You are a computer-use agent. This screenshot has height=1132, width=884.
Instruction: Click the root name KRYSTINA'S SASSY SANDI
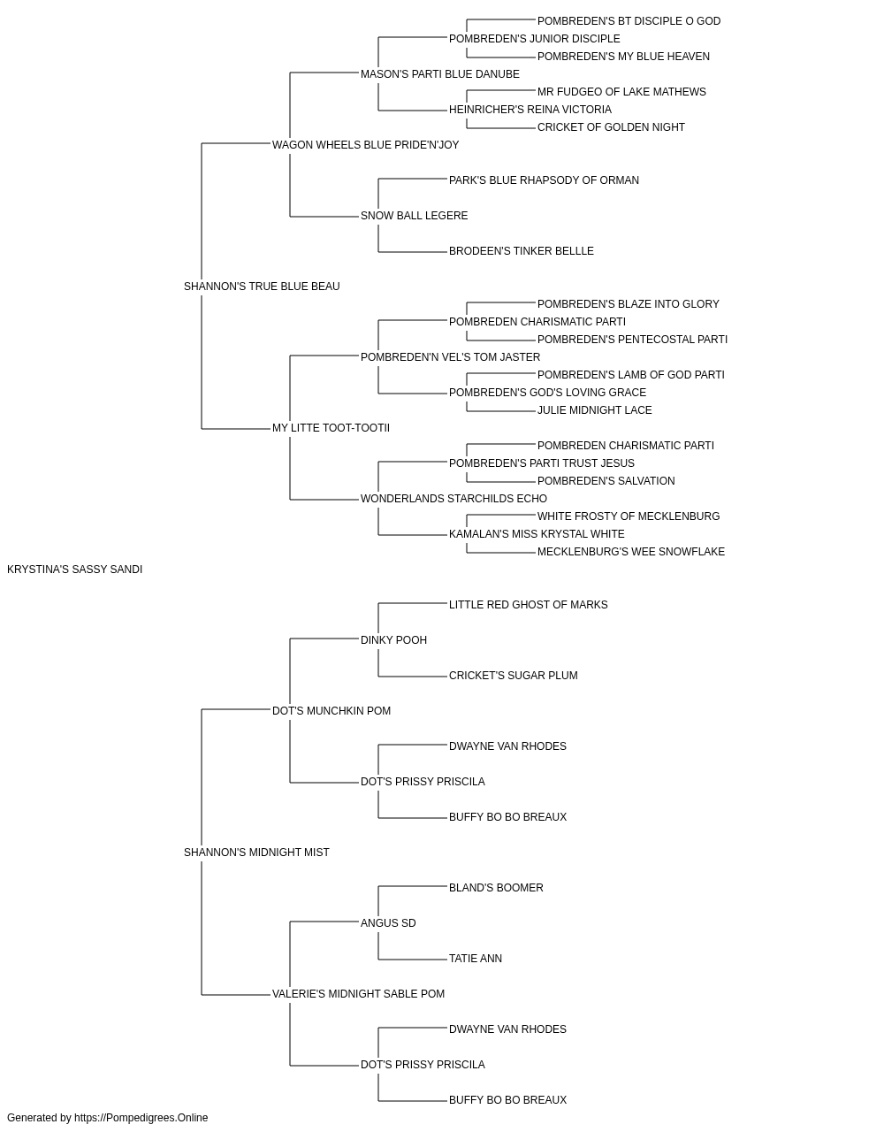[74, 570]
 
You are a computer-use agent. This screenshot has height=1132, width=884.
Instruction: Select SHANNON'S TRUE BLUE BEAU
[262, 287]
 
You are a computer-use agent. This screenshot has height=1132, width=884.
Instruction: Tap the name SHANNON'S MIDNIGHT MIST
[256, 853]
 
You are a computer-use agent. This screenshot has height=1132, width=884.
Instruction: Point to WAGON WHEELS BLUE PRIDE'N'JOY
[365, 145]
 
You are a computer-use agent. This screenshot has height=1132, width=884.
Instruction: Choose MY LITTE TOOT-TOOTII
[331, 428]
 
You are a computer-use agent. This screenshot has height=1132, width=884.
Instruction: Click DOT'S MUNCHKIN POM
[331, 710]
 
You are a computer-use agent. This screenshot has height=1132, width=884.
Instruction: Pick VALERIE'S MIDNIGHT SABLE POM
[359, 993]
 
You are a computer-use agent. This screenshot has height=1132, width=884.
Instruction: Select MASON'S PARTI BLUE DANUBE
[440, 74]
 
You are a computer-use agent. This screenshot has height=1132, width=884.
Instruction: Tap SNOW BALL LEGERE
[415, 216]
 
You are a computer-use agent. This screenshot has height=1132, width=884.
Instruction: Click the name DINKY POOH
[394, 640]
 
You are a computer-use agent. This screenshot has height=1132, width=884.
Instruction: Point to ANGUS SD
[388, 923]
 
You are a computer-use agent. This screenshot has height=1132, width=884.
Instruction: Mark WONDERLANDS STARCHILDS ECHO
[454, 499]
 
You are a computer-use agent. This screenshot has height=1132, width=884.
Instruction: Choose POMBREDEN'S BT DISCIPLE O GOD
[629, 21]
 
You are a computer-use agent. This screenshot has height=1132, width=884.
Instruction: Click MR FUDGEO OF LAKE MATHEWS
[621, 92]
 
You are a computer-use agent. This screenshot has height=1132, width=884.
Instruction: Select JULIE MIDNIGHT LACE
[595, 410]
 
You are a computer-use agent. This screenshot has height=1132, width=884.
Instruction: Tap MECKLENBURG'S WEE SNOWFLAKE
[631, 552]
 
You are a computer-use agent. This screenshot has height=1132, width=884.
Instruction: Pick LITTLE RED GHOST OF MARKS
[529, 605]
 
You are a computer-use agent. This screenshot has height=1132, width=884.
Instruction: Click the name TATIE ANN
[476, 959]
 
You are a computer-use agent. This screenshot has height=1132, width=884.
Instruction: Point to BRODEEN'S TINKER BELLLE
[522, 251]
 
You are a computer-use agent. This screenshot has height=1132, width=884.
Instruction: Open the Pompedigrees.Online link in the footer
[141, 1118]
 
